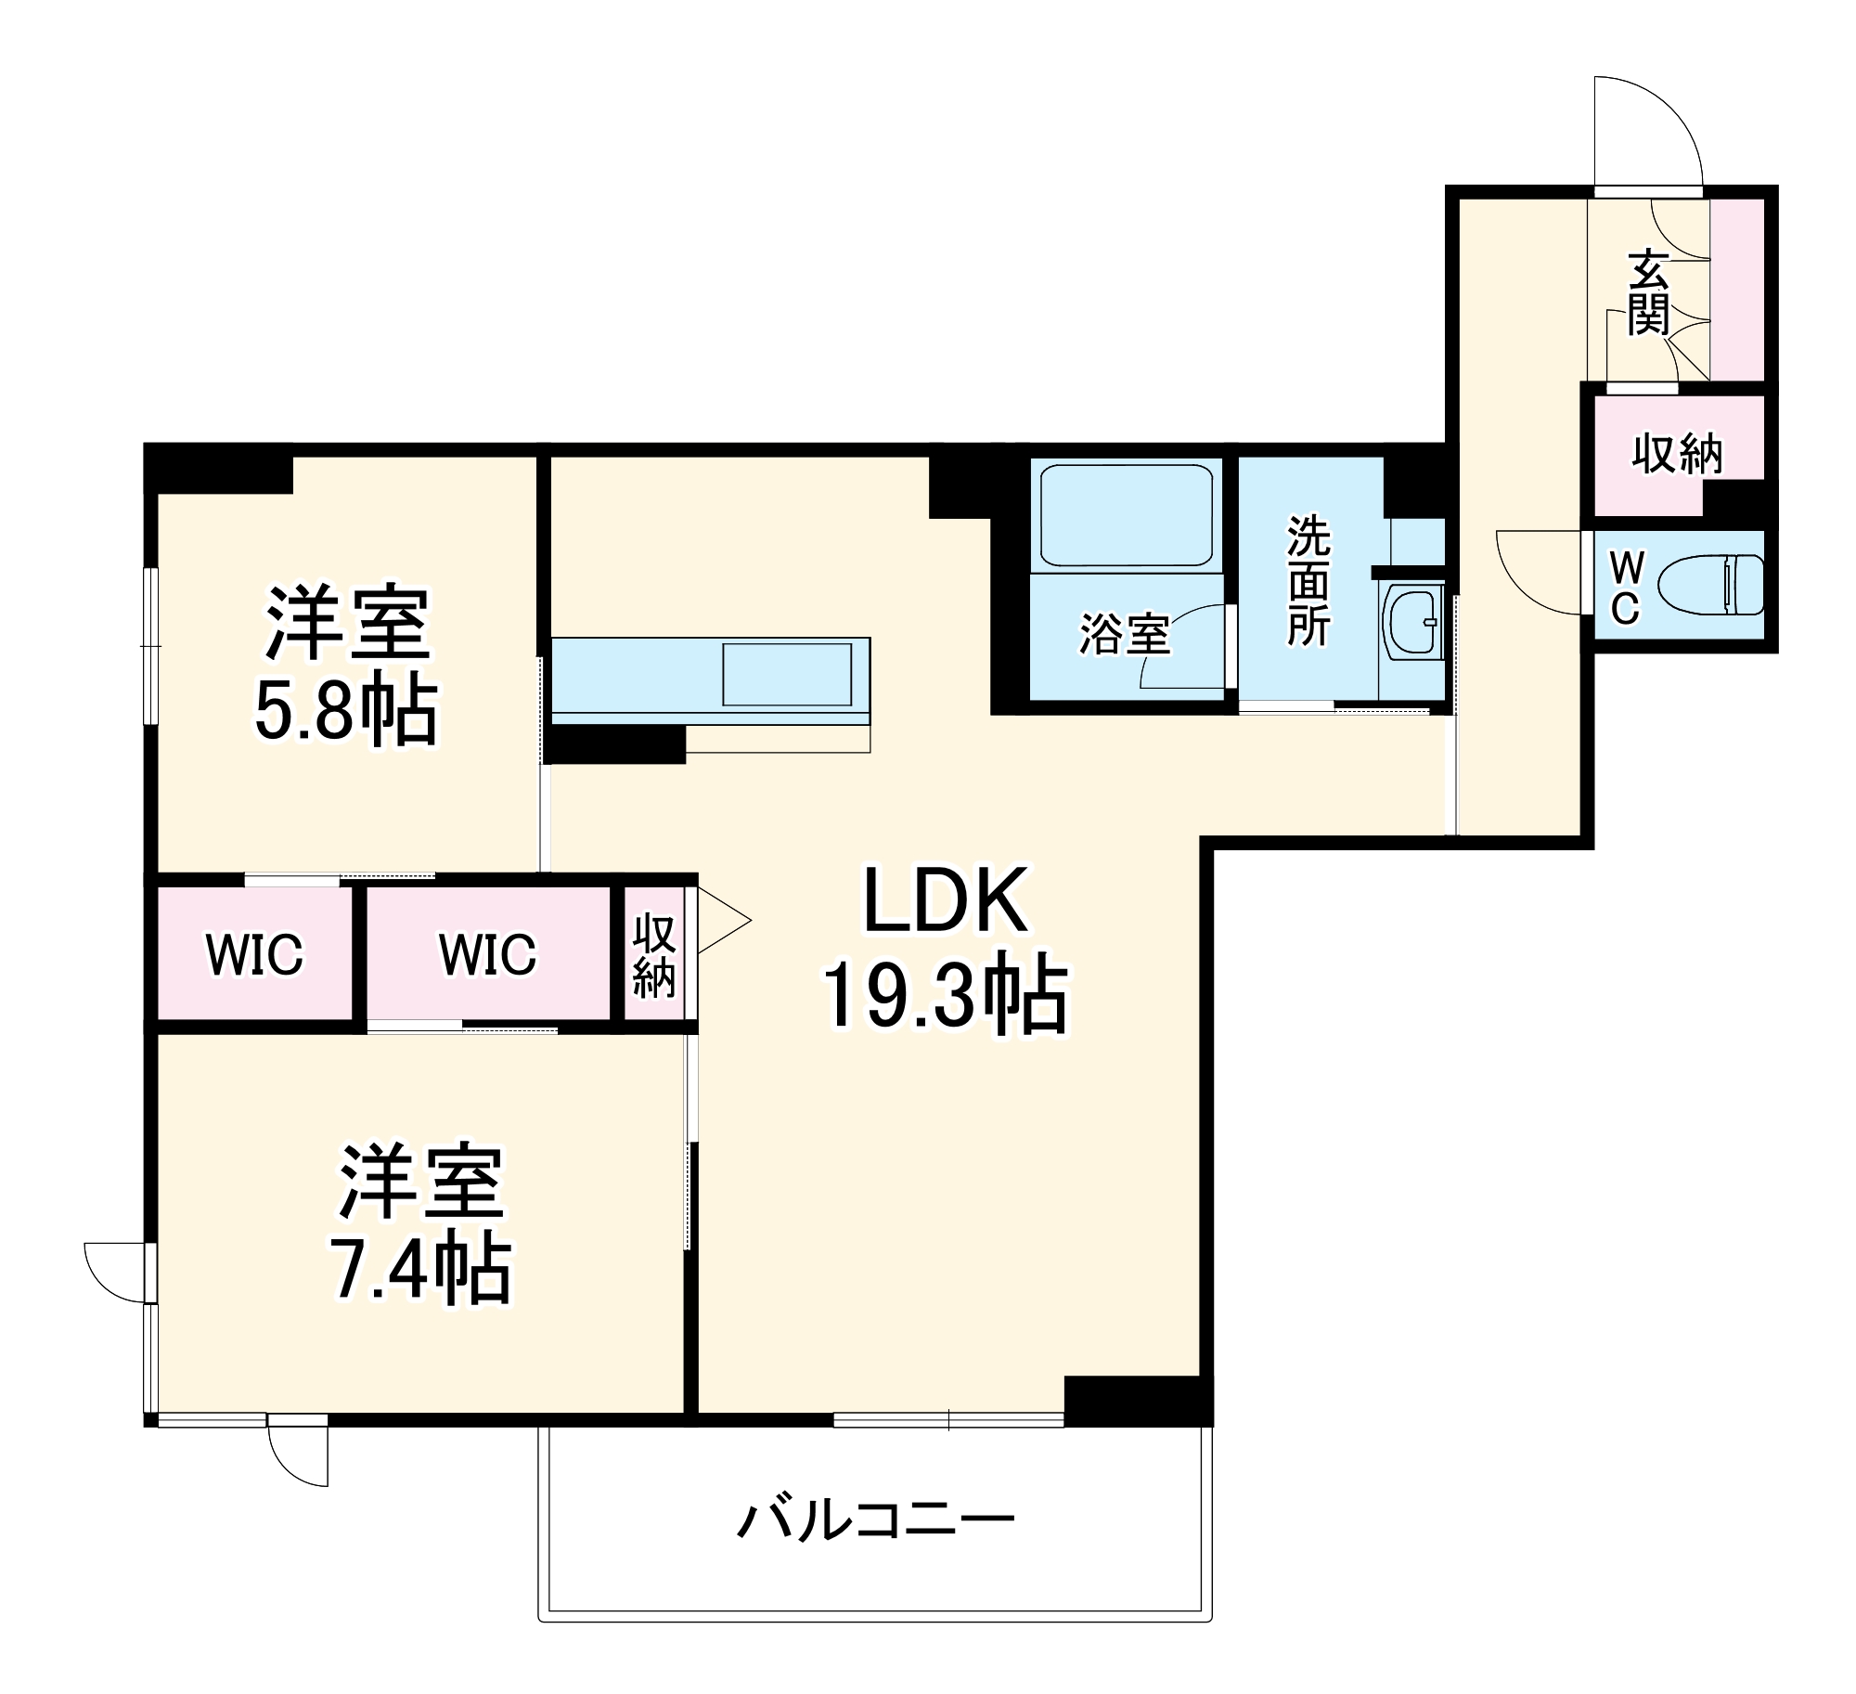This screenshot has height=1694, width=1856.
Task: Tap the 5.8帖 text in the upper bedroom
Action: click(x=345, y=713)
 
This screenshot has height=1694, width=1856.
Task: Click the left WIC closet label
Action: click(x=254, y=954)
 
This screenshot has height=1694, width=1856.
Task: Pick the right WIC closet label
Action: click(x=487, y=954)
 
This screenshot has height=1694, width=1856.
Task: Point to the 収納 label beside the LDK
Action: click(x=653, y=955)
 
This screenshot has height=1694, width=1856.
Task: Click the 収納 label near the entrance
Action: click(x=1677, y=454)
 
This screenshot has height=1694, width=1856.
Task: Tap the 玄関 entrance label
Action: click(x=1648, y=292)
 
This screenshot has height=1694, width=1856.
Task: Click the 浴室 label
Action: click(x=1124, y=635)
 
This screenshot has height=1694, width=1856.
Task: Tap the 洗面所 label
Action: click(x=1308, y=582)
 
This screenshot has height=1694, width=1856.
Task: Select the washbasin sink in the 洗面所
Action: click(x=1411, y=621)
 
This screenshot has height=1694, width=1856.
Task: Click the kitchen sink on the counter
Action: click(x=787, y=674)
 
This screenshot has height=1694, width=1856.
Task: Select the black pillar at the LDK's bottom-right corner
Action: click(x=1137, y=1400)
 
